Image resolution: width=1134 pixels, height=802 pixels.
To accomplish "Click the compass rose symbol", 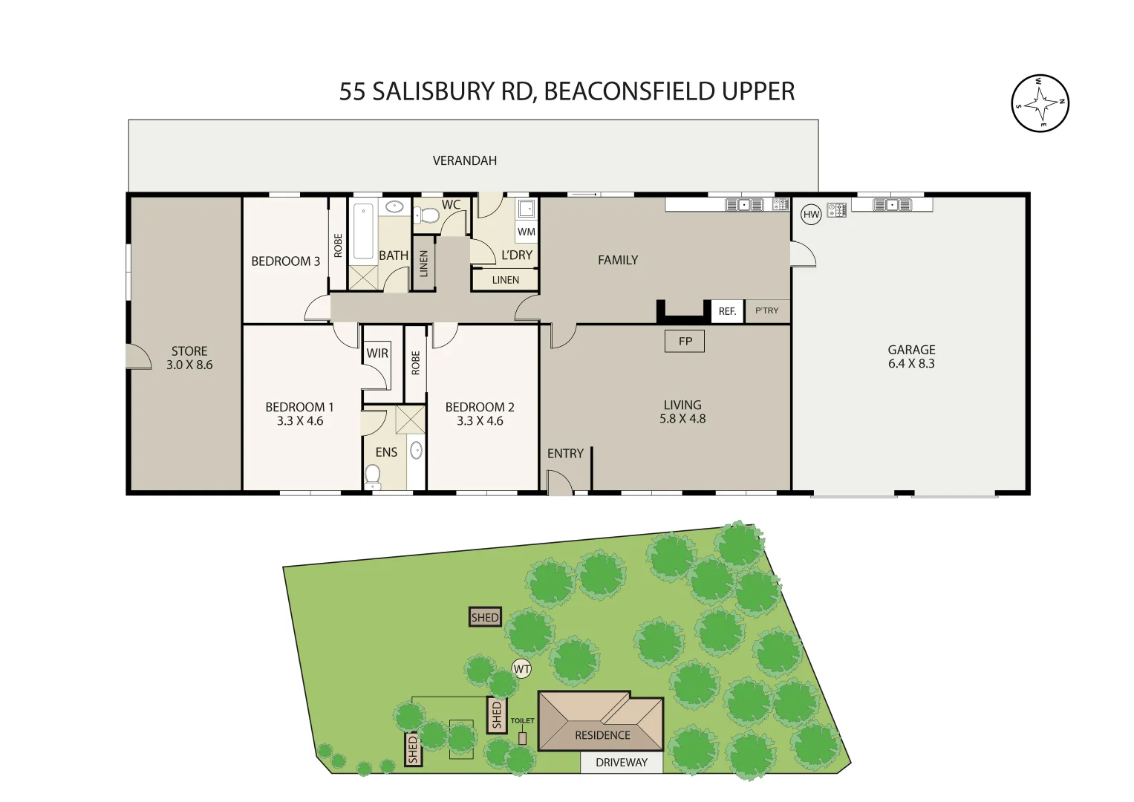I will coord(1040,103).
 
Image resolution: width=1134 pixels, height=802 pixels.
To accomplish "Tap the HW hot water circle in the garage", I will coord(811,215).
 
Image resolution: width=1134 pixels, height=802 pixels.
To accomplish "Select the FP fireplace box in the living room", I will coord(685,341).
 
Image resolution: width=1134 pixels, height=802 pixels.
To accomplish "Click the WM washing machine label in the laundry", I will coord(527,232).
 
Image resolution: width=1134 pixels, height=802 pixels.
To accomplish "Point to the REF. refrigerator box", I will coord(727,311).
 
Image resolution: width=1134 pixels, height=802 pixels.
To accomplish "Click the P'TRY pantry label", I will coord(766,310).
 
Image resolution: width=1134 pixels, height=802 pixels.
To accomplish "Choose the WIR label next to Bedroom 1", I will coord(377,353).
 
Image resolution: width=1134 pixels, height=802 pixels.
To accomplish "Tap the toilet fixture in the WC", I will coord(428,216).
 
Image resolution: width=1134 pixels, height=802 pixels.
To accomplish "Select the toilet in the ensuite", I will coord(373,475).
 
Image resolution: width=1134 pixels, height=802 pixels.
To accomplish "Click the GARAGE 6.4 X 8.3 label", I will coord(911,356).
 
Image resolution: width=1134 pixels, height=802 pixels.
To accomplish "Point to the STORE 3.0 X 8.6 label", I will coord(189,357).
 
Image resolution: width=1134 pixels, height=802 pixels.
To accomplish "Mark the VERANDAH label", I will coord(465,160).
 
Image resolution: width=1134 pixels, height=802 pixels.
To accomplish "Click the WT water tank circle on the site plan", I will coord(522,669).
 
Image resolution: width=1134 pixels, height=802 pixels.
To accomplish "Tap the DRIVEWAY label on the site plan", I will coord(622,763).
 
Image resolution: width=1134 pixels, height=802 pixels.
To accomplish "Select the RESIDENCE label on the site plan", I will coord(602,735).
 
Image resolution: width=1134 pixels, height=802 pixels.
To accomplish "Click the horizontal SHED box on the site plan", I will coord(485,617).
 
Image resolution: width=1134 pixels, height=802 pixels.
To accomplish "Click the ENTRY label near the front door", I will coord(565,453).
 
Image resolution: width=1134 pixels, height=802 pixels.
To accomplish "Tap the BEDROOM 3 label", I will coord(285,261).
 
